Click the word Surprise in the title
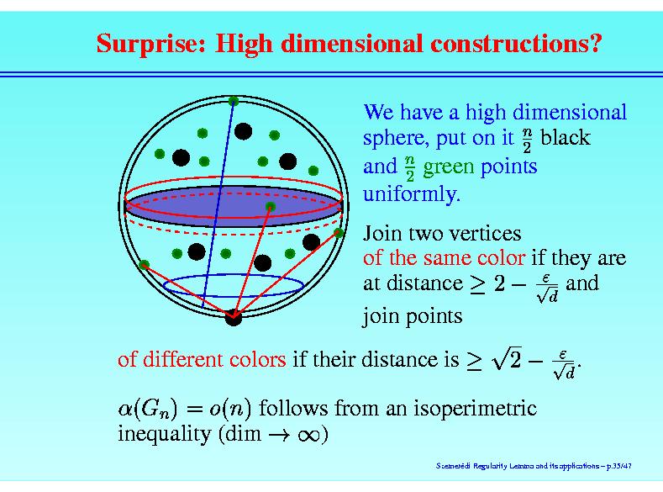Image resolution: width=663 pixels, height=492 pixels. [151, 44]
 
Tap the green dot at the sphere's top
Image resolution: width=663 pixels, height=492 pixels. [234, 101]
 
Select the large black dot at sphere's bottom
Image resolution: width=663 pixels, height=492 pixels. [233, 317]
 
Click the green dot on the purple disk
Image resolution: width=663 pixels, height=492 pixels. [271, 207]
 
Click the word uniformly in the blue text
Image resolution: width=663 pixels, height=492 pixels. [412, 194]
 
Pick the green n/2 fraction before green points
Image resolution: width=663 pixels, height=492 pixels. [410, 168]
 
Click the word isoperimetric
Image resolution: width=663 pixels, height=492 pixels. [476, 409]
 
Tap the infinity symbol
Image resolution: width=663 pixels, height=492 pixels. [308, 435]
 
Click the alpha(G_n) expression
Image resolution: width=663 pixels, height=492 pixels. [148, 409]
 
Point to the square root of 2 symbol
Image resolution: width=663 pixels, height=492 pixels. [506, 358]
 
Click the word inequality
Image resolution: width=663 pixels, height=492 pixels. [165, 435]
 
